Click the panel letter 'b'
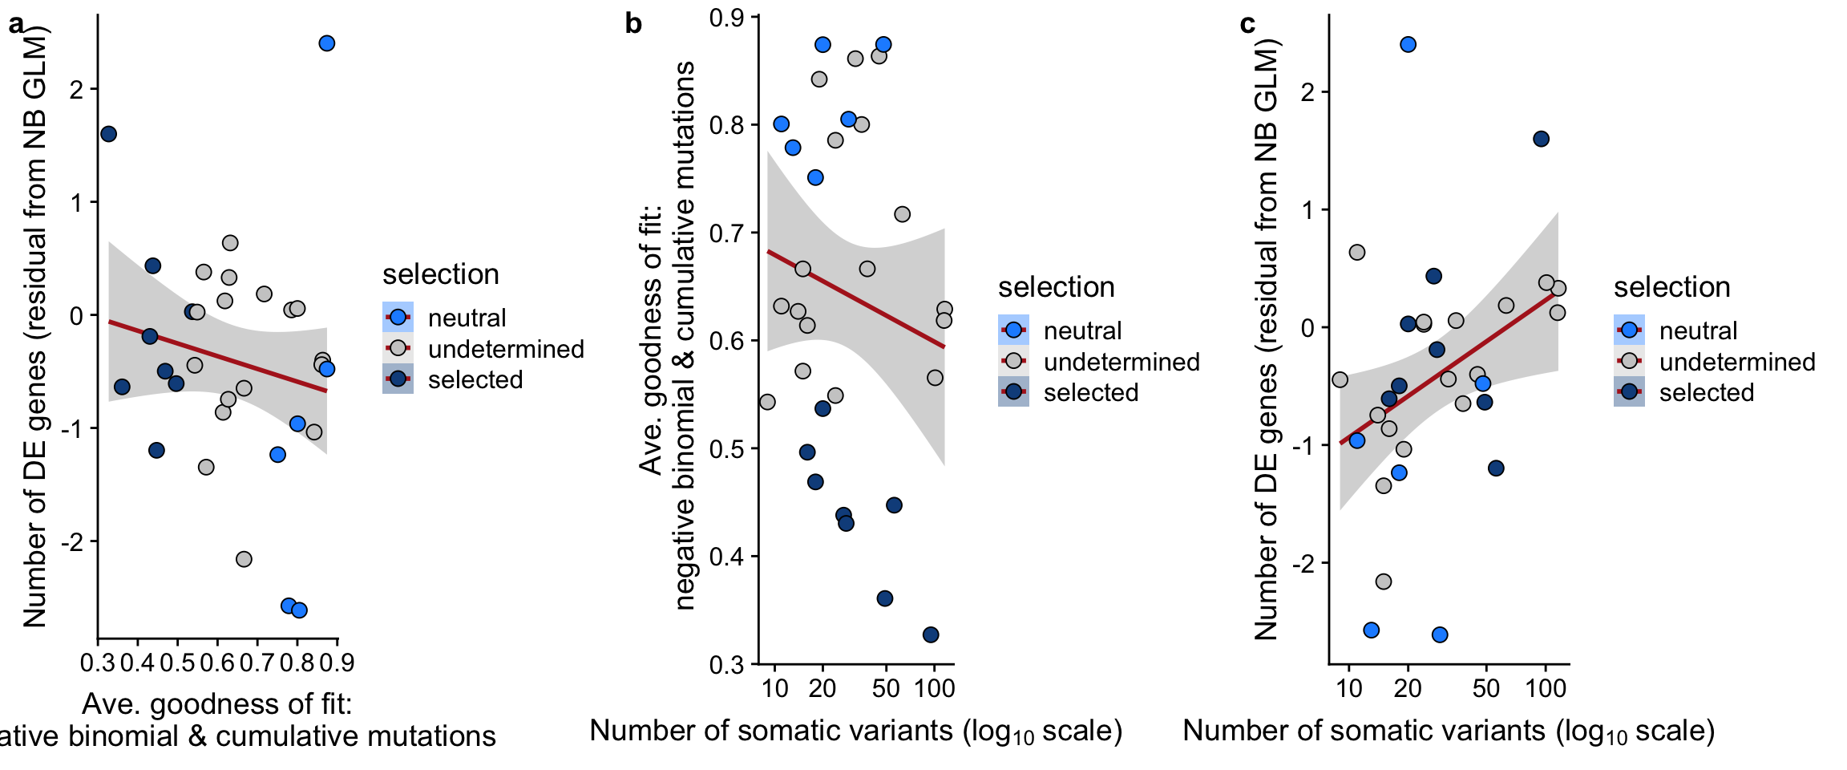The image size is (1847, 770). pos(633,24)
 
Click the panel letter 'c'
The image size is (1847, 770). pos(1247,24)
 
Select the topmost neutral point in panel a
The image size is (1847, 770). pos(326,43)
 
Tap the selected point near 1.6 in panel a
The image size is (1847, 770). pos(108,134)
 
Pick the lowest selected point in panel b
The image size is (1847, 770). pos(930,634)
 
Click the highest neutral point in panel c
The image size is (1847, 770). pos(1408,44)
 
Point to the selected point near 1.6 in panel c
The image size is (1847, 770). pos(1541,139)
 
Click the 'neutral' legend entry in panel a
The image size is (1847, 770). pos(467,318)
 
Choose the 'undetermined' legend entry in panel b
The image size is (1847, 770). pos(1121,362)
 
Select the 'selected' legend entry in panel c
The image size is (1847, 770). pos(1706,392)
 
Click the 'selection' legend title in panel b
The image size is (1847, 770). pos(1056,286)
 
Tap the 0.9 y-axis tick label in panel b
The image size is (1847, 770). pos(726,18)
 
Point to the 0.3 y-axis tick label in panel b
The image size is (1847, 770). pos(726,664)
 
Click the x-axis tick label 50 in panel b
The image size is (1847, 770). pos(885,688)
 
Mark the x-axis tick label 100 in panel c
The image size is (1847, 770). pos(1546,688)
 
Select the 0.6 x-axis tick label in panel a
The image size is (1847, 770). pos(217,663)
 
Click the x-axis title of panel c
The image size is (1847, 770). pos(1449,731)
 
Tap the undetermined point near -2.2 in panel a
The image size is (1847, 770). pos(244,559)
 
